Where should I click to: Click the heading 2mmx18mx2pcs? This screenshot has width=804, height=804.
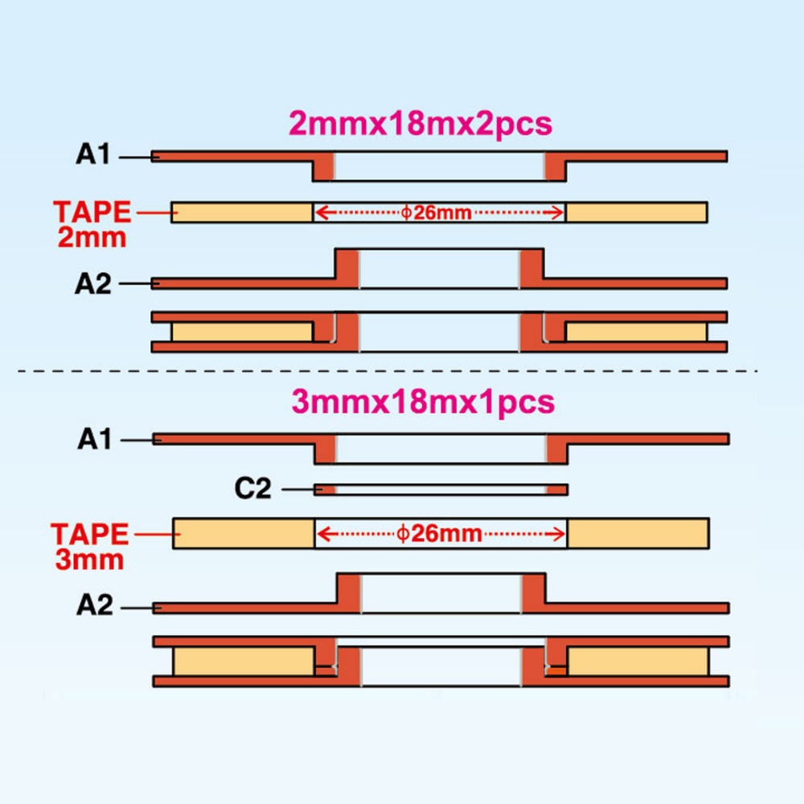click(x=420, y=124)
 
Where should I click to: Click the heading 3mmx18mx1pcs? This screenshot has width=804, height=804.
click(x=423, y=403)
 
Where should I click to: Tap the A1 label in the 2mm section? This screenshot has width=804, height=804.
click(x=92, y=154)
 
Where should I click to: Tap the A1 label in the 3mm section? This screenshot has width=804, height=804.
click(x=94, y=440)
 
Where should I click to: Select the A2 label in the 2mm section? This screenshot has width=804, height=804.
click(x=92, y=284)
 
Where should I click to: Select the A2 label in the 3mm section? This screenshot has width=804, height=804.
click(x=94, y=605)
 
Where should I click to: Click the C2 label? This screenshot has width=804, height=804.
click(x=252, y=489)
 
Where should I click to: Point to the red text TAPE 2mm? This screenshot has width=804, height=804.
click(x=92, y=224)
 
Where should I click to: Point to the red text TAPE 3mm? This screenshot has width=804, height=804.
click(x=90, y=547)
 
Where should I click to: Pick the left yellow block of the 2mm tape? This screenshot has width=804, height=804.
click(x=242, y=212)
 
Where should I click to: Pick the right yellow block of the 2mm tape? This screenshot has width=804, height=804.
click(x=636, y=212)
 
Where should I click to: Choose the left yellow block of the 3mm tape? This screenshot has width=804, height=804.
click(x=244, y=533)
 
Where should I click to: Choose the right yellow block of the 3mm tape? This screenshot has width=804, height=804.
click(x=638, y=533)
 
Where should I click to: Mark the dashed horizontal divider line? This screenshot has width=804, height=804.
click(x=388, y=371)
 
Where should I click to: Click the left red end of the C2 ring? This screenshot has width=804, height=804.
click(x=325, y=490)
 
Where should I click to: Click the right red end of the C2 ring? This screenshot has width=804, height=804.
click(x=557, y=490)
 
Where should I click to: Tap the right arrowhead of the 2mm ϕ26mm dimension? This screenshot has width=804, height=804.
click(x=556, y=212)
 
